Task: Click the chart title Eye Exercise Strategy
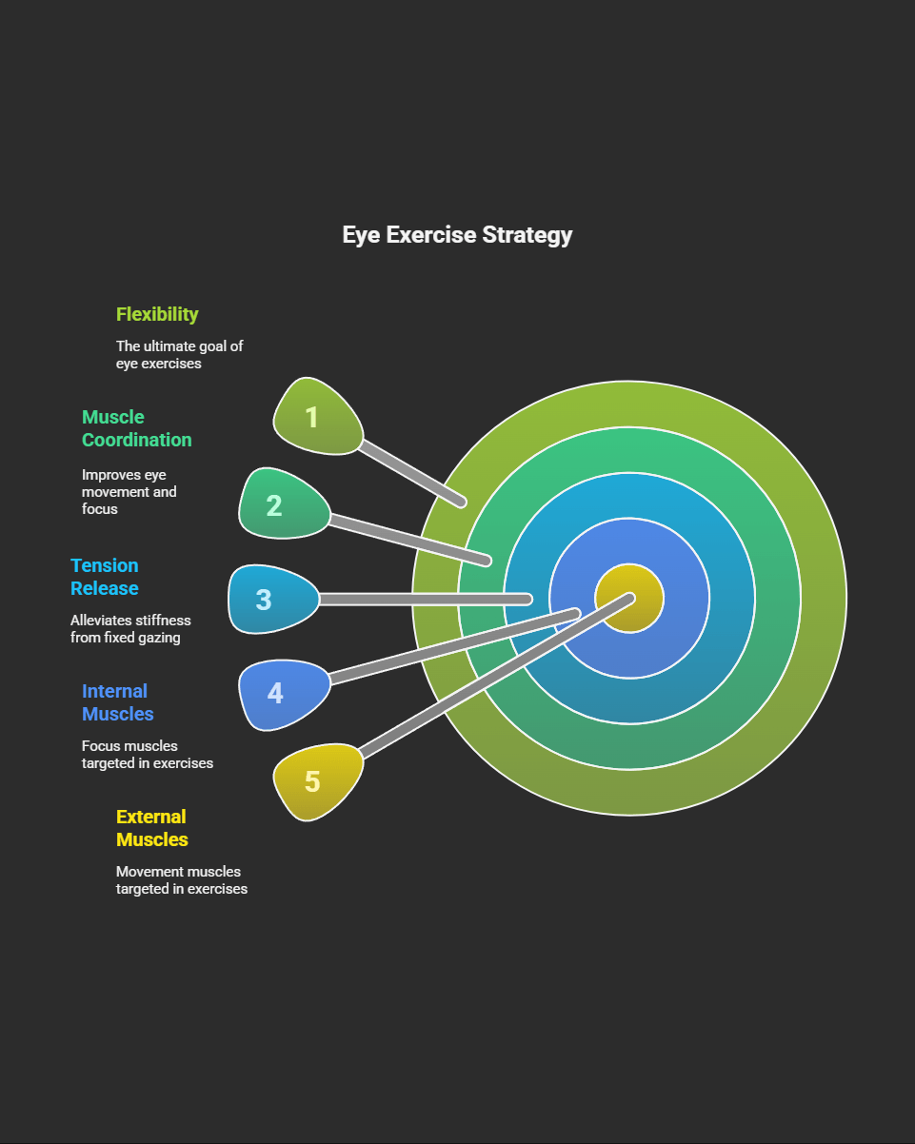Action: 457,235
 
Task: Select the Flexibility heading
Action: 157,314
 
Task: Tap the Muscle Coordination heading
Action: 136,428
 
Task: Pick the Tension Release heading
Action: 105,577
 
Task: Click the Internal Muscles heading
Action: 117,702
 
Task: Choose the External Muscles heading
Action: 151,828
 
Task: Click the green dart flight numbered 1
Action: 315,417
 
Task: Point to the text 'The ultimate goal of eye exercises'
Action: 179,355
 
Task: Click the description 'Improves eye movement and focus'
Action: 129,491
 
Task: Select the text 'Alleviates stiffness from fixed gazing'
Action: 130,629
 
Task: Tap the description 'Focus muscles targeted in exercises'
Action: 147,755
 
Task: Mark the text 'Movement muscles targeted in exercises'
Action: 181,880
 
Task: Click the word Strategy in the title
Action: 527,235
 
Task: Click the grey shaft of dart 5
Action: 495,678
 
